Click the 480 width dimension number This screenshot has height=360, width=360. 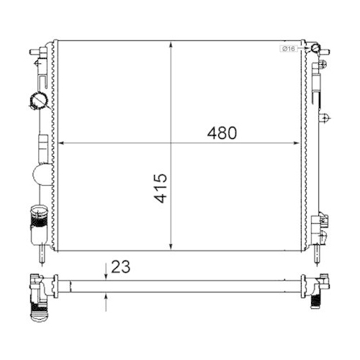[222, 132]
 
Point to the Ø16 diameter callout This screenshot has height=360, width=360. [288, 48]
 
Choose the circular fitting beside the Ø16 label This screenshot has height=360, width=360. [313, 49]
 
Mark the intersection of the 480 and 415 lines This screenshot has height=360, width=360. [171, 143]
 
